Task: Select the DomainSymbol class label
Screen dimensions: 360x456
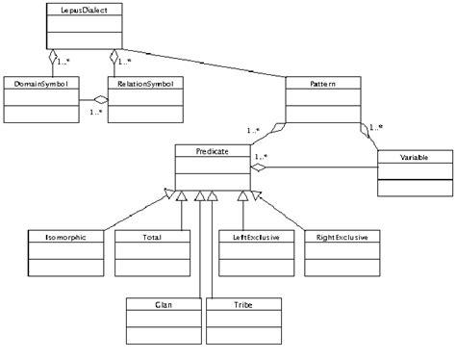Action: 38,84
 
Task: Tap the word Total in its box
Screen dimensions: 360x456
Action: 149,236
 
